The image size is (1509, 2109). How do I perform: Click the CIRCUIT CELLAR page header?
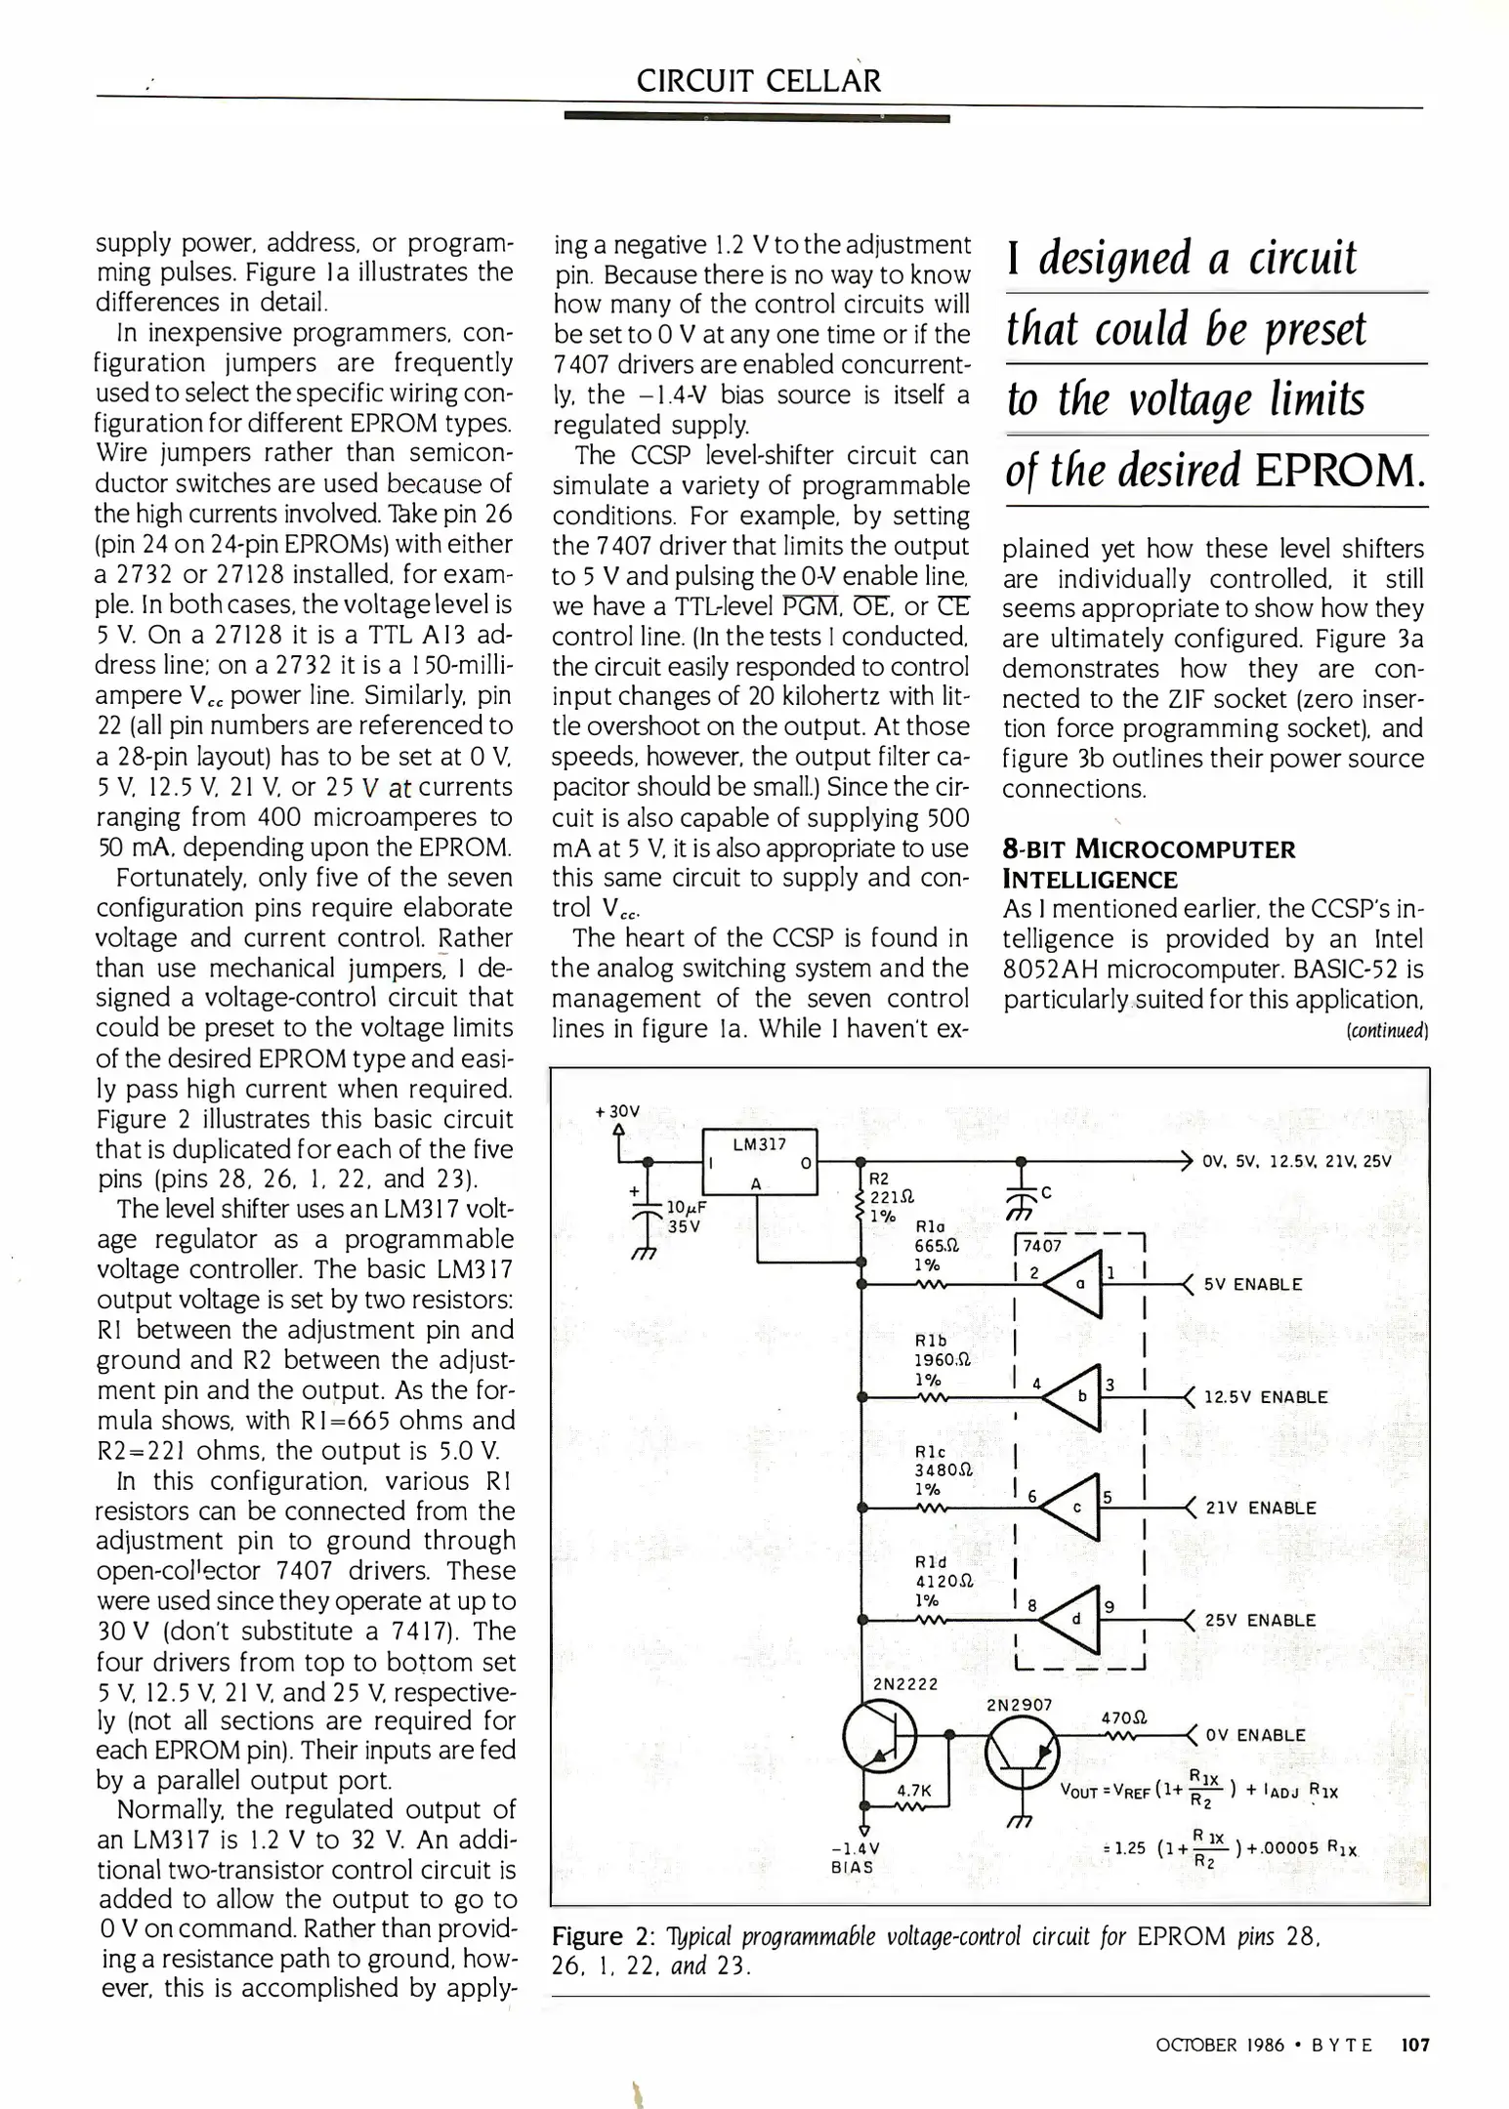click(758, 80)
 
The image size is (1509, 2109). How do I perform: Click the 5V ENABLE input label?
click(1253, 1284)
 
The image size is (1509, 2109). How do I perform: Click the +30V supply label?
click(617, 1111)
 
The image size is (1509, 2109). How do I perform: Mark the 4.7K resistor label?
click(914, 1791)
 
